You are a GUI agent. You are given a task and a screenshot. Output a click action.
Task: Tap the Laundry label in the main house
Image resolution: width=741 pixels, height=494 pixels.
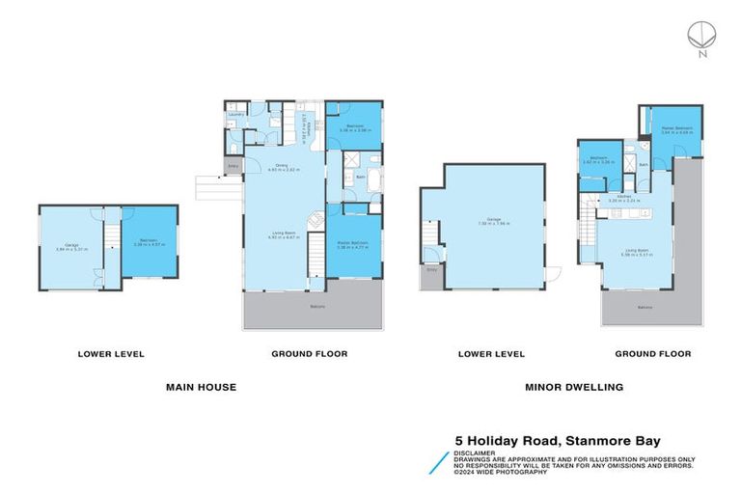pyautogui.click(x=234, y=115)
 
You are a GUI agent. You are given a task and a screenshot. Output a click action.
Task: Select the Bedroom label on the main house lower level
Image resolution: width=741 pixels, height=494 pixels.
pyautogui.click(x=148, y=242)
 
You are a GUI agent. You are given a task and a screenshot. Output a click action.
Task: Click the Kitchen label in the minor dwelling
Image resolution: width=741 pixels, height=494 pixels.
pyautogui.click(x=625, y=198)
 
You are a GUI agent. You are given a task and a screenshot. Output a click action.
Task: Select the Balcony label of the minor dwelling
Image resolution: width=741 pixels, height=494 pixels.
pyautogui.click(x=644, y=308)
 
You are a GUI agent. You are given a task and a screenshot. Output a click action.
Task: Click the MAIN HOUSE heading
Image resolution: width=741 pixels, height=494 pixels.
pyautogui.click(x=201, y=387)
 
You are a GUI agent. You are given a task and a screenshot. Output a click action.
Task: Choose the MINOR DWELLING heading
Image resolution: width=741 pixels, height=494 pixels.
pyautogui.click(x=574, y=387)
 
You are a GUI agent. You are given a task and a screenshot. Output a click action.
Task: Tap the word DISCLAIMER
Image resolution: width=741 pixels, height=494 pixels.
pyautogui.click(x=475, y=451)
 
